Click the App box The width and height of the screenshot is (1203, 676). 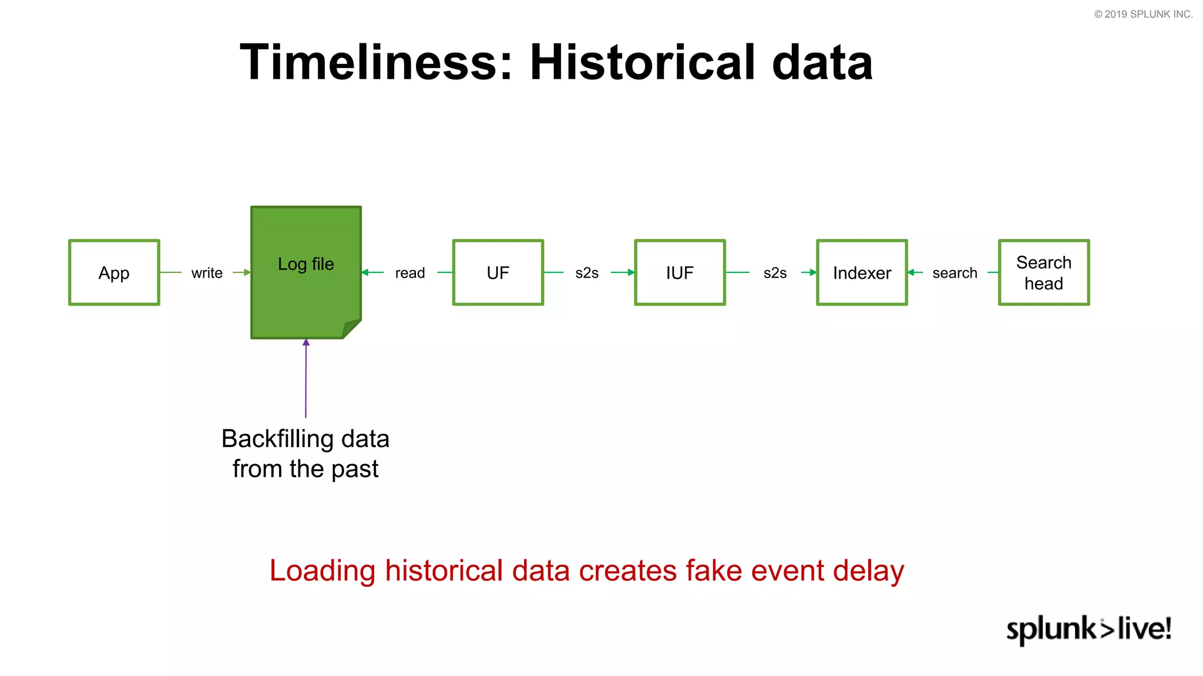tap(114, 272)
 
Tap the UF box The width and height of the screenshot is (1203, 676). tap(498, 272)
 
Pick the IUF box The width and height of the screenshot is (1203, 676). tap(680, 272)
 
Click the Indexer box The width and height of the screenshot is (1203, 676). tap(862, 272)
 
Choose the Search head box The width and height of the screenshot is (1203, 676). tap(1044, 272)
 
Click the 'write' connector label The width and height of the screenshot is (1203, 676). tap(207, 273)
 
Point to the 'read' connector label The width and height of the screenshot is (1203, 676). tap(409, 273)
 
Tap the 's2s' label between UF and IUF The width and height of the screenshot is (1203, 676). tap(587, 273)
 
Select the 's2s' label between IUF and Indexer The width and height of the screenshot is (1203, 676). tap(775, 273)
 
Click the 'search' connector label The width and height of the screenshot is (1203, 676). tap(955, 273)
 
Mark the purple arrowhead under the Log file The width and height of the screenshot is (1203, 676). tap(306, 343)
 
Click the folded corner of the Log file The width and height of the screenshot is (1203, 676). tap(351, 329)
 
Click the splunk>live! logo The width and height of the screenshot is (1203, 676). tap(1088, 629)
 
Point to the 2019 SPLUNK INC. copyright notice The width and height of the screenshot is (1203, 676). tap(1143, 14)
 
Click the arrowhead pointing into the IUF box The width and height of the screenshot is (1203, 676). tap(631, 272)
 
